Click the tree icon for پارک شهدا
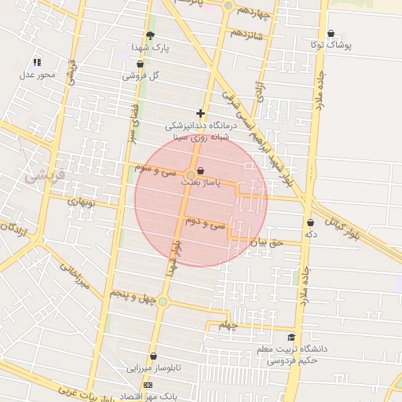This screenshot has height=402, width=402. (x=150, y=35)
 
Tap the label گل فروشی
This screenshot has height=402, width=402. (x=141, y=76)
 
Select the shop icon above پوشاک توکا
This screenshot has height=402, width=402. (x=331, y=34)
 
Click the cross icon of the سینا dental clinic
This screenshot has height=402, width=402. (x=201, y=114)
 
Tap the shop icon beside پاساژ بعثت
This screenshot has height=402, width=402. (x=202, y=170)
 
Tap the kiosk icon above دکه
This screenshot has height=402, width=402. (x=311, y=222)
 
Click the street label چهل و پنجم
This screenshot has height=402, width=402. (x=130, y=296)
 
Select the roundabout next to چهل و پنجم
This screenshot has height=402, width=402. (x=163, y=301)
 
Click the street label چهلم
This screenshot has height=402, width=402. (x=227, y=324)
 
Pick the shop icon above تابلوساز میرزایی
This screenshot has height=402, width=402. (x=153, y=356)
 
